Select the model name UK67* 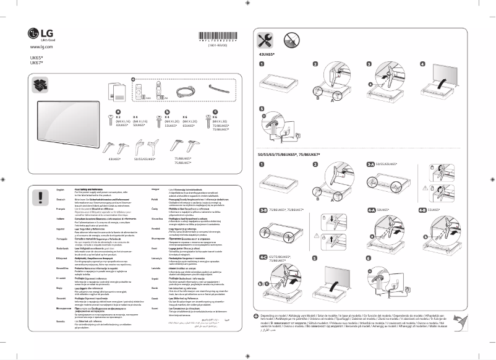coord(36,62)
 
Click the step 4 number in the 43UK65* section coord(423,64)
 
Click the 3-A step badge coord(370,164)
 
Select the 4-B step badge coord(423,210)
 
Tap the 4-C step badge coord(263,257)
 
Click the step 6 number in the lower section coord(369,257)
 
